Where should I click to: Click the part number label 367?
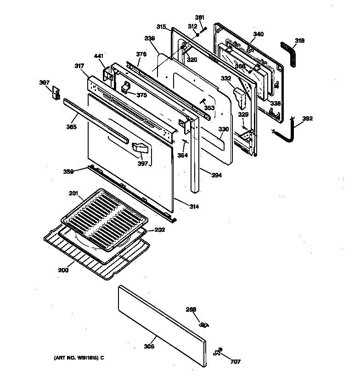coord(44,83)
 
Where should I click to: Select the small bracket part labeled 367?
coord(56,93)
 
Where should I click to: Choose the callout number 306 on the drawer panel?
coord(149,347)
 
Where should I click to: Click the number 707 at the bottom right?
coord(235,361)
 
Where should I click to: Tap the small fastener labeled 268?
coord(204,325)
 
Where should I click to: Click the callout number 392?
coord(307,119)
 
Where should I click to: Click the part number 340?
coord(259,34)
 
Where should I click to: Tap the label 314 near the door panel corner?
coord(194,207)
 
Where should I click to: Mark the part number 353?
coord(209,108)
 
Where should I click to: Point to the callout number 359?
coord(69,171)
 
